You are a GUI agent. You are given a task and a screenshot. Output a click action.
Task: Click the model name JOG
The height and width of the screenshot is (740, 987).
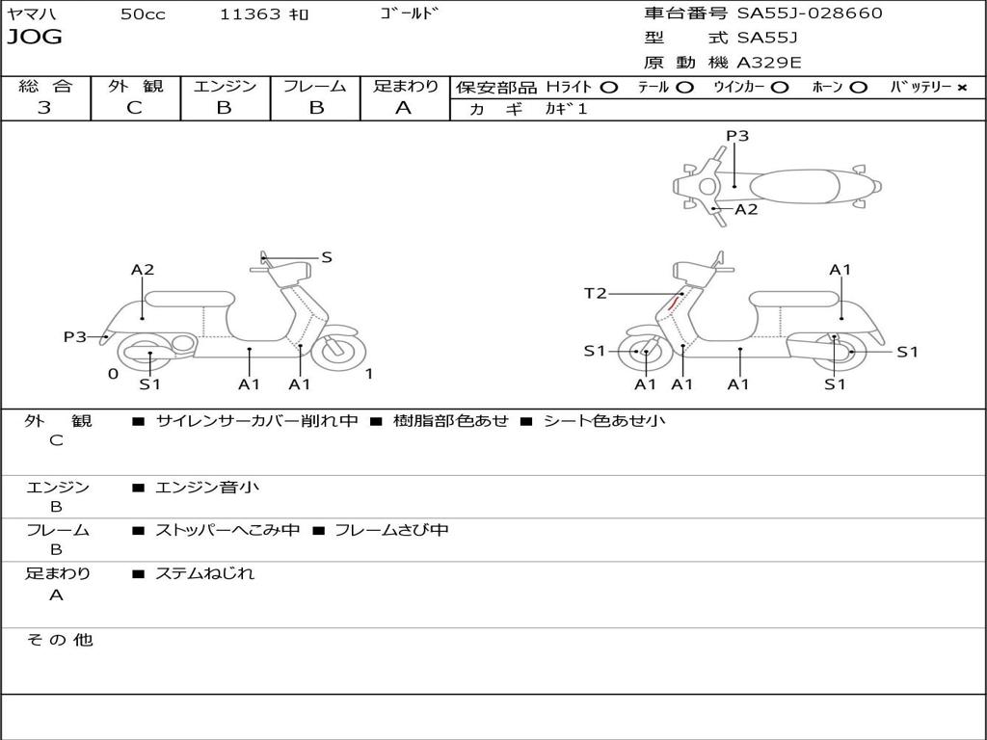(x=35, y=38)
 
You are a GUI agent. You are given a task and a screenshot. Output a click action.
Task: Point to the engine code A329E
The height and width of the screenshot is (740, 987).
(x=768, y=63)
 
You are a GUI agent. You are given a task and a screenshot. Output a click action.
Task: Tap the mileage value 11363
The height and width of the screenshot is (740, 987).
(x=251, y=14)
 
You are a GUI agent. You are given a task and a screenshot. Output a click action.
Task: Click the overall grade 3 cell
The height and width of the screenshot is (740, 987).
(x=44, y=108)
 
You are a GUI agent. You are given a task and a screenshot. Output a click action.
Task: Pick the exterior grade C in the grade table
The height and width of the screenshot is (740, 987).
(x=134, y=108)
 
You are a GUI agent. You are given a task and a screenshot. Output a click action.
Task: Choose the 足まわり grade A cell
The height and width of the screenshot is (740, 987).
(x=404, y=108)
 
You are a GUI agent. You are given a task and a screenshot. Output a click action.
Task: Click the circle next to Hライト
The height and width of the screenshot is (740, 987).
(x=608, y=87)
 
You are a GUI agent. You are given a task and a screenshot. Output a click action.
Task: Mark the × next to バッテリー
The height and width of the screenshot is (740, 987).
(x=961, y=87)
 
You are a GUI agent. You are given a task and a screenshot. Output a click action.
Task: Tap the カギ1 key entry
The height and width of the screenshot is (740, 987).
(x=566, y=109)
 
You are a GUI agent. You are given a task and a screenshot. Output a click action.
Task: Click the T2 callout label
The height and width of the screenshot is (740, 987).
(x=596, y=293)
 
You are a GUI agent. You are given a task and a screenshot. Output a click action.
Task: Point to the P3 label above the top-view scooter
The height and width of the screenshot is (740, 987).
(x=737, y=136)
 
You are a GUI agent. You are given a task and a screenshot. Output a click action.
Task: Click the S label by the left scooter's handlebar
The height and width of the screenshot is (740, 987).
(x=327, y=257)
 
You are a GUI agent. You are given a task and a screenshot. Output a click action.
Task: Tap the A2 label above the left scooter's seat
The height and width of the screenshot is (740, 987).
(x=143, y=270)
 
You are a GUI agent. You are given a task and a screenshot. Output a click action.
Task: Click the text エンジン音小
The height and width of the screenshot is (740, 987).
(x=207, y=488)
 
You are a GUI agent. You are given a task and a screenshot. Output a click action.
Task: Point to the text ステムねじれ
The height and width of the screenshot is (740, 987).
(x=204, y=573)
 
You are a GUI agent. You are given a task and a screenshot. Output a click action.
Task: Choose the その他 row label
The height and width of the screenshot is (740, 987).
(x=59, y=640)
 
